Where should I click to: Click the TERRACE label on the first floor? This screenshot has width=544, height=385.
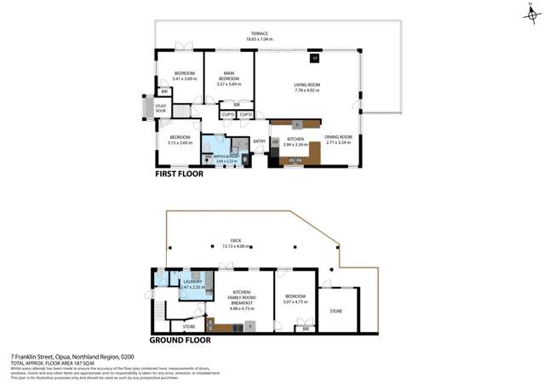click(259, 33)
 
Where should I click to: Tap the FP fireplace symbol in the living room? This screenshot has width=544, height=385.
click(314, 58)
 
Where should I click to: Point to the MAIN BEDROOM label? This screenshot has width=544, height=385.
click(229, 76)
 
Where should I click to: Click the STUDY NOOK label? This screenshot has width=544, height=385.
click(161, 108)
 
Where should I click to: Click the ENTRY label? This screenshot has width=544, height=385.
click(259, 141)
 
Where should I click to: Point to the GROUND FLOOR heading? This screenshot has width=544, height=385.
click(180, 340)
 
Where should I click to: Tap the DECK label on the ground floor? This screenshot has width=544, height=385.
click(248, 240)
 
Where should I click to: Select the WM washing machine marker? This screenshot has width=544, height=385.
click(209, 291)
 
